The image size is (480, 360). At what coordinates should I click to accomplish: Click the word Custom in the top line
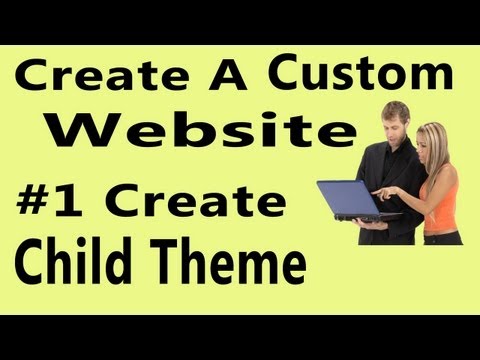tap(361, 75)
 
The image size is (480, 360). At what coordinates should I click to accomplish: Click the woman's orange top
tap(440, 195)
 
